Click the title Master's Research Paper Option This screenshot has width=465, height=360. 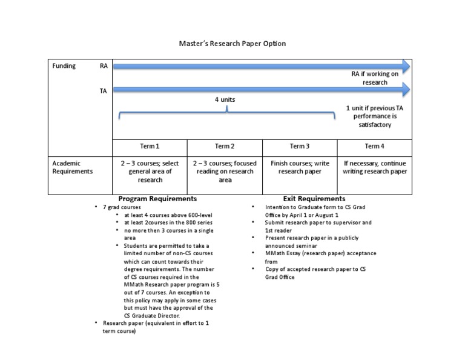pyautogui.click(x=232, y=44)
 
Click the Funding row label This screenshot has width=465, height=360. pyautogui.click(x=64, y=66)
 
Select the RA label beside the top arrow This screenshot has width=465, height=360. pyautogui.click(x=104, y=66)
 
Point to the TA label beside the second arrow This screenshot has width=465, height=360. pyautogui.click(x=104, y=91)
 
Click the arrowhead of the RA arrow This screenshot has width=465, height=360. pyautogui.click(x=404, y=65)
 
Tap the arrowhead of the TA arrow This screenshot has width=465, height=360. pyautogui.click(x=404, y=90)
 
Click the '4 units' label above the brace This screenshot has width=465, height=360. pyautogui.click(x=225, y=99)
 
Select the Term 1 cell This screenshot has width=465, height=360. pyautogui.click(x=150, y=146)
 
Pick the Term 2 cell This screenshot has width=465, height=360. pyautogui.click(x=225, y=146)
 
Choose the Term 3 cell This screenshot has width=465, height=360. pyautogui.click(x=299, y=146)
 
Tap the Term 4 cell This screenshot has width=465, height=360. pyautogui.click(x=374, y=146)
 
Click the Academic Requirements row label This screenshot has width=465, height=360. pyautogui.click(x=72, y=167)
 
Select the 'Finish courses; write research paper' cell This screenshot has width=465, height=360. pyautogui.click(x=299, y=167)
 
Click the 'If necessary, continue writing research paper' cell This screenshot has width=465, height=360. pyautogui.click(x=375, y=167)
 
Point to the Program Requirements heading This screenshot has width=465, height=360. pyautogui.click(x=157, y=199)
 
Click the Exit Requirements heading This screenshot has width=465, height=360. pyautogui.click(x=314, y=199)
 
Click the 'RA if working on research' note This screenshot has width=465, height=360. pyautogui.click(x=375, y=78)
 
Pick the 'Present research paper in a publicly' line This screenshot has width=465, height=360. pyautogui.click(x=309, y=238)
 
